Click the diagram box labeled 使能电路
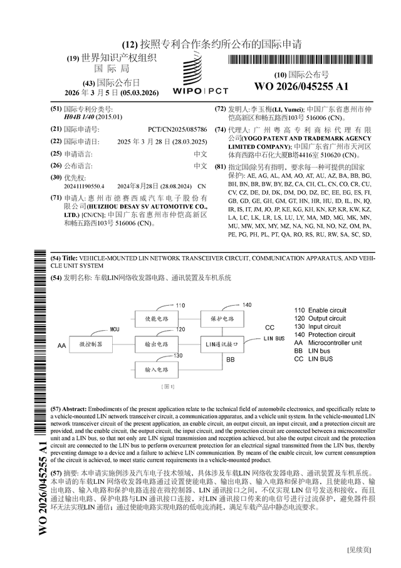pyautogui.click(x=156, y=318)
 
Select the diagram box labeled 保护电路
pyautogui.click(x=221, y=318)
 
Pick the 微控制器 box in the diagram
pyautogui.click(x=91, y=345)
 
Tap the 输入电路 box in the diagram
pyautogui.click(x=156, y=370)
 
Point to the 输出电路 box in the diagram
pyautogui.click(x=156, y=345)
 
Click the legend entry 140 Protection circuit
pyautogui.click(x=325, y=335)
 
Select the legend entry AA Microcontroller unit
pyautogui.click(x=327, y=343)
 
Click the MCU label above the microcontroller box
pyautogui.click(x=115, y=329)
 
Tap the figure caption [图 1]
pyautogui.click(x=167, y=386)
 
